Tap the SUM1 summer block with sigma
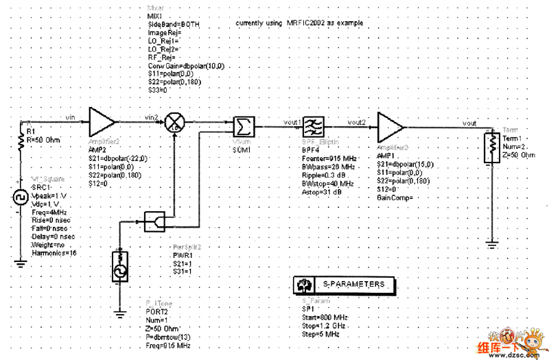pos(242,126)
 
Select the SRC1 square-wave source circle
pos(20,199)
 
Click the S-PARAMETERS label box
pos(353,284)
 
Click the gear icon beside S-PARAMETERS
pos(300,284)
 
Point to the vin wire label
pos(69,118)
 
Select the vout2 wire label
pos(357,122)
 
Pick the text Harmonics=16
pos(54,253)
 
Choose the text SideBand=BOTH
pos(174,23)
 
